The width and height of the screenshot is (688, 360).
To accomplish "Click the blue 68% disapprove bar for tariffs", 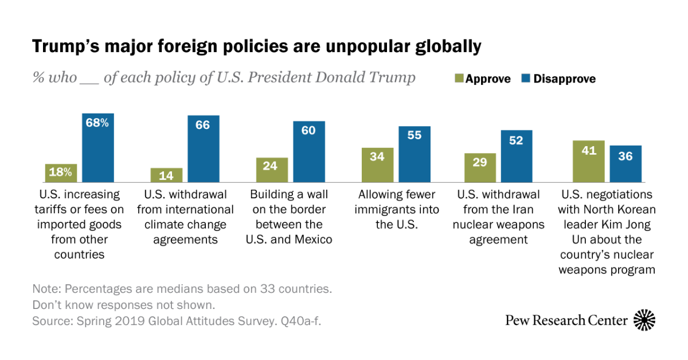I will [x=98, y=148].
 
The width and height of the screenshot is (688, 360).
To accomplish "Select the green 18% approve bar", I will [x=61, y=173].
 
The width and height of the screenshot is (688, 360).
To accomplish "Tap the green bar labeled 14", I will [x=166, y=175].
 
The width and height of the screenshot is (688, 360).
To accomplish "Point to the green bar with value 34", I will [x=377, y=165].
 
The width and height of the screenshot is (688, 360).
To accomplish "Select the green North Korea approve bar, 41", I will [x=588, y=161].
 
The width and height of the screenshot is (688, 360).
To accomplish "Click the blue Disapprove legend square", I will [x=526, y=79].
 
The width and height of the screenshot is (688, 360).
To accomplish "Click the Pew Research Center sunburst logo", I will [x=644, y=320].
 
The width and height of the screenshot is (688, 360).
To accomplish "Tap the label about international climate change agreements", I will [x=185, y=217].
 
